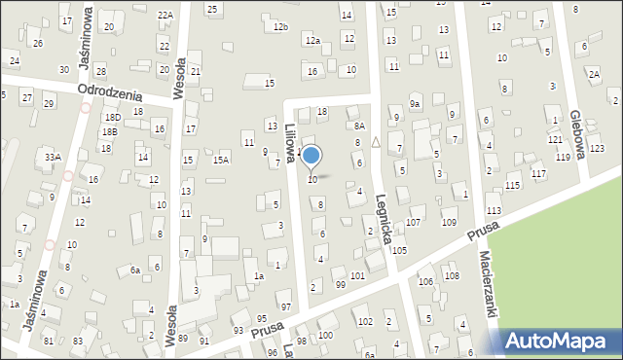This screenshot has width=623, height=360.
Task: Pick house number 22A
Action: (165, 15)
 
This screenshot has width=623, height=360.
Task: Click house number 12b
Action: (280, 26)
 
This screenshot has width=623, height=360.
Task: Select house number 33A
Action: (53, 157)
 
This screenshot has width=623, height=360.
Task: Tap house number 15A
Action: (221, 160)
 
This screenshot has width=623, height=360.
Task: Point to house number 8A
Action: (359, 126)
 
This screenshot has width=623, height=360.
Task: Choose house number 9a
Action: (414, 104)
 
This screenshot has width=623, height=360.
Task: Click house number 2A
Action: (593, 74)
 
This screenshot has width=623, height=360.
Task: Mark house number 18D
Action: (111, 117)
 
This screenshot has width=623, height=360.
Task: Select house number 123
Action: (596, 148)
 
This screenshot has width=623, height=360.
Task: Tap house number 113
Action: (494, 210)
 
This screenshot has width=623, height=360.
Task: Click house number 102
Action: (364, 321)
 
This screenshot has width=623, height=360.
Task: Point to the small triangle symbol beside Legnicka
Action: (376, 141)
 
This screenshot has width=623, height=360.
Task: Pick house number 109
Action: (449, 223)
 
